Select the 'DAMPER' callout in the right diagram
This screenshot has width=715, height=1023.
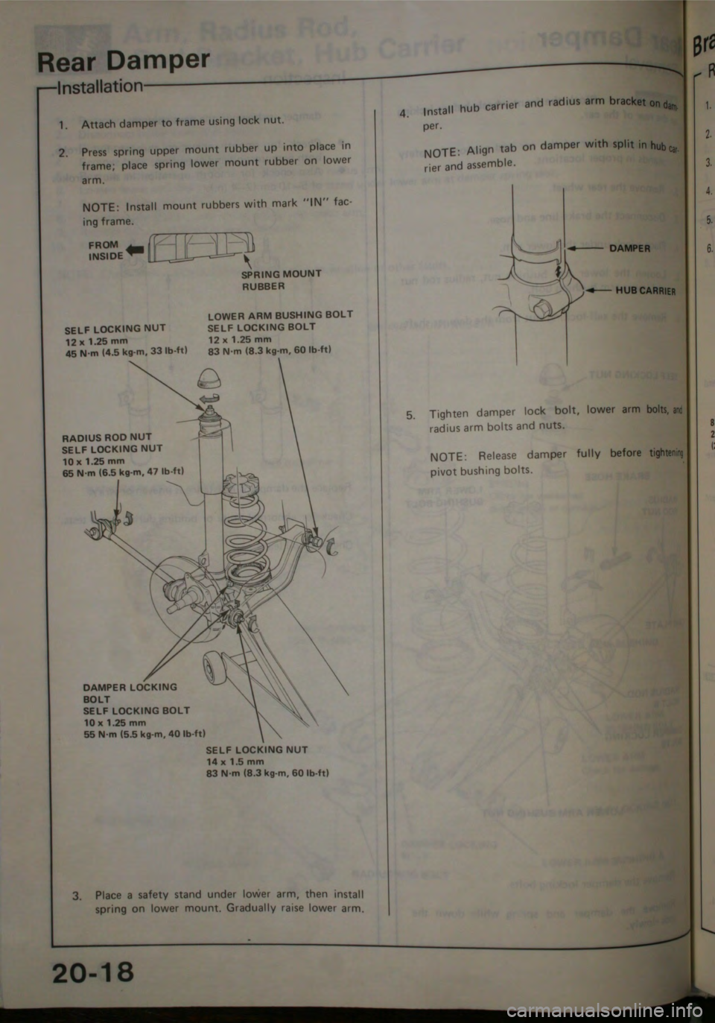(x=629, y=249)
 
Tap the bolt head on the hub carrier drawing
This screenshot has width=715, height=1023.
(x=539, y=306)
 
